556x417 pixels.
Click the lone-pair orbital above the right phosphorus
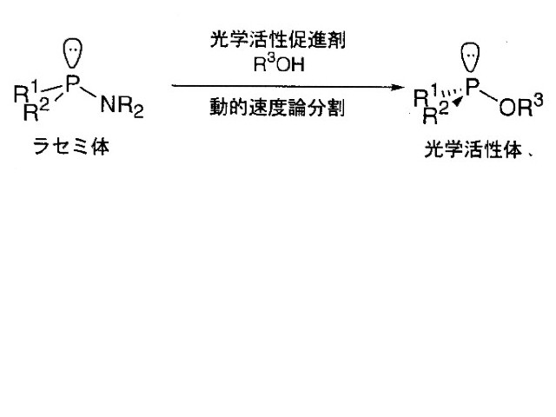[x=470, y=58]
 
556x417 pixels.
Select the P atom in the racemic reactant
[x=73, y=88]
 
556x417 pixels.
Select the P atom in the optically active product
[x=473, y=92]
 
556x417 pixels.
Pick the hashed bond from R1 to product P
[x=454, y=96]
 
